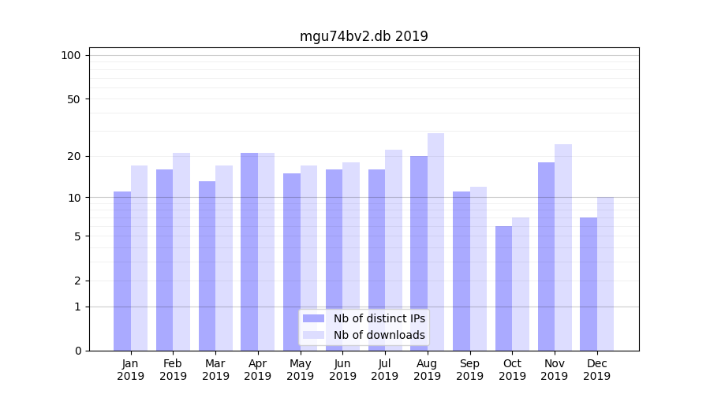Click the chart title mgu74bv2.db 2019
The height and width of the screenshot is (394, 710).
pos(364,36)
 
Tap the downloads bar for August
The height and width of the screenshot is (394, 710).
pos(435,241)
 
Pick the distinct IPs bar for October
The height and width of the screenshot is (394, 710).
pos(503,288)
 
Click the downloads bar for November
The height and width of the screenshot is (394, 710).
pos(563,247)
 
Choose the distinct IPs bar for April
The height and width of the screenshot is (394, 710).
pos(249,251)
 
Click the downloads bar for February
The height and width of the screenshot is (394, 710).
pos(181,251)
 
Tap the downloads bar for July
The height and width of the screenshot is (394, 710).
pos(394,250)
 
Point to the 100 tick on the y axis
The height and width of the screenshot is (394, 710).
pos(71,55)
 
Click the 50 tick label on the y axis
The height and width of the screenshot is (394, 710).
pos(74,99)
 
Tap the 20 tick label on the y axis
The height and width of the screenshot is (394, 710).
pos(74,156)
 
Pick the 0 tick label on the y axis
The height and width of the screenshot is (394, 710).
pos(77,351)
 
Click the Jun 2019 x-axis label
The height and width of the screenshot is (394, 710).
pos(342,370)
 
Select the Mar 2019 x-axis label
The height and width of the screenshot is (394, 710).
pos(215,370)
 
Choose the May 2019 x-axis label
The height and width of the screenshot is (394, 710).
pos(301,370)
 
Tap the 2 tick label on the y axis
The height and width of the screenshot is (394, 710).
pos(77,281)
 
